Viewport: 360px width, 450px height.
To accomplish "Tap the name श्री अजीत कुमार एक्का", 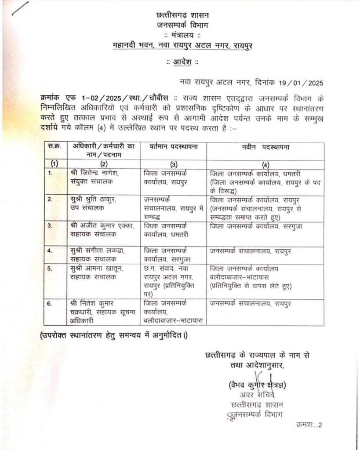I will click(x=98, y=225).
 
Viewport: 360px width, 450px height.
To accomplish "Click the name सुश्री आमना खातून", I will click(x=95, y=269).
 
